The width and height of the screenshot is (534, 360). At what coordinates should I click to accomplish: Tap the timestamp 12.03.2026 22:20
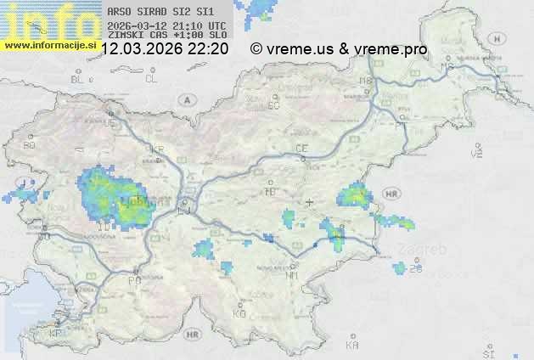pos(165,49)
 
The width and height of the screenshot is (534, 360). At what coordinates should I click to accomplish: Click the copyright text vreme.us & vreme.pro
pos(340,49)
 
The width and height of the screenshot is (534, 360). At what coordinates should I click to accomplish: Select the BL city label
pos(79,79)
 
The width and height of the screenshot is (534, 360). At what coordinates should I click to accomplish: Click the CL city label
pos(151,79)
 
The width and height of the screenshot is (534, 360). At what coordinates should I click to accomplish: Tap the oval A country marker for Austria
pos(185,99)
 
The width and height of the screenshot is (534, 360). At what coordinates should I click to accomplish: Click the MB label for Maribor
pos(367,82)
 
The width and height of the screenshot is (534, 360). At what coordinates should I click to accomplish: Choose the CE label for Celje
pos(301,149)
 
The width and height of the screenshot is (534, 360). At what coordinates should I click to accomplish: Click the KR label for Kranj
pos(156,149)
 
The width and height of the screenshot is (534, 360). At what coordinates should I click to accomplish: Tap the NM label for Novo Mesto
pos(292,275)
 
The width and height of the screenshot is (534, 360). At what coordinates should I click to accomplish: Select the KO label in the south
pos(239,313)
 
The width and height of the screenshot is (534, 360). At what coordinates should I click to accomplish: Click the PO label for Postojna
pos(133,279)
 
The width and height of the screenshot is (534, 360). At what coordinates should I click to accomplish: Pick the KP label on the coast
pos(56,334)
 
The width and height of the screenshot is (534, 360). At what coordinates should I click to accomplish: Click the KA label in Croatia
pos(352,346)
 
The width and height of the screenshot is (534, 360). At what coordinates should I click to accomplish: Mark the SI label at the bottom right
pos(487,352)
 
